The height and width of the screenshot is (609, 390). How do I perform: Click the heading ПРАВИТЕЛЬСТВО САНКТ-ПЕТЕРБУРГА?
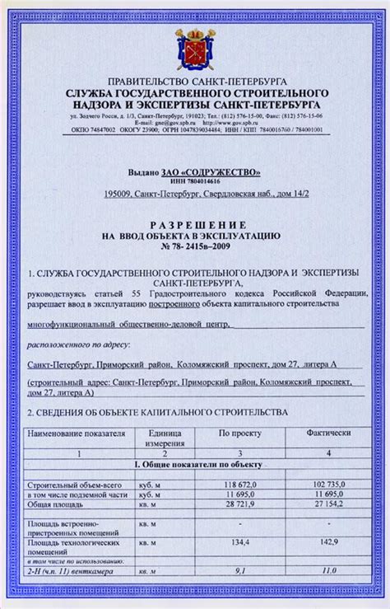tap(194, 84)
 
